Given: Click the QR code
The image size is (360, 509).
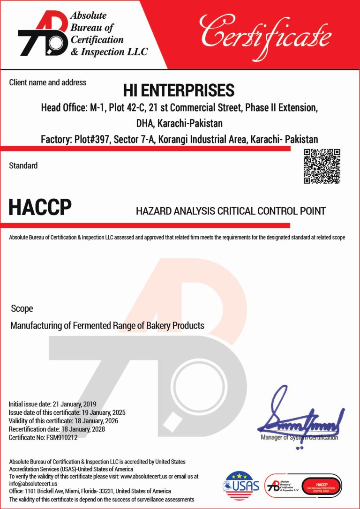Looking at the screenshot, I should point(322,166).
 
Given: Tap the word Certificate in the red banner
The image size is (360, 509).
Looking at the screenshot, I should point(266,33).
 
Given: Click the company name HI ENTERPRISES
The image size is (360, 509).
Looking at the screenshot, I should point(179,90).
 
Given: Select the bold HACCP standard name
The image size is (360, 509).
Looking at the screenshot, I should point(40,208).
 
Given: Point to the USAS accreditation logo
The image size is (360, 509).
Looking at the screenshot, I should point(242,485).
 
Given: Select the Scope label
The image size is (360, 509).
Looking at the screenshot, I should point(22,309).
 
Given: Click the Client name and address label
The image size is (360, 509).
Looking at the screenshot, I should point(48,82).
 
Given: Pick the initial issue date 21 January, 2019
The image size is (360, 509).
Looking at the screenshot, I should point(74,404).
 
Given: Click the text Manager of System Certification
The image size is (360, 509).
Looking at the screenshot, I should point(299,437).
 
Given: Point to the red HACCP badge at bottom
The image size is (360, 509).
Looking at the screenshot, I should point(322,485).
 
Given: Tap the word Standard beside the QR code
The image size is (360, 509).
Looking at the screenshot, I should point(23,165).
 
